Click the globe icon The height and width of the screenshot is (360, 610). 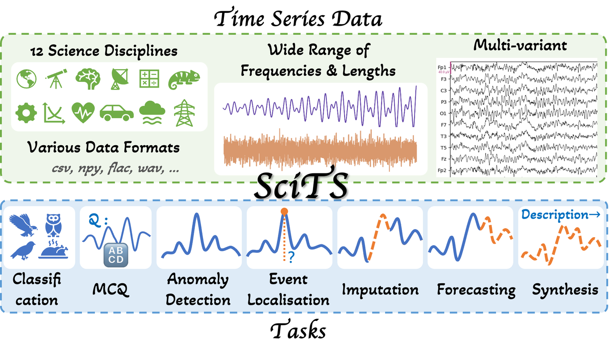coord(26,79)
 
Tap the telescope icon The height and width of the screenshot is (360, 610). coord(56,79)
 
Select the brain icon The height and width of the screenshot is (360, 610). coord(88,79)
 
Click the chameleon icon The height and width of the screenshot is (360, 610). coord(184,80)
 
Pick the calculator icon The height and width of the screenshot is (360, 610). coord(149,79)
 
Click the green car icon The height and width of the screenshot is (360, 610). coord(117,113)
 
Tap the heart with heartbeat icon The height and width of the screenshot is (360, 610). coord(83,112)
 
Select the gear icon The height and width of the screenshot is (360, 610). coord(26,113)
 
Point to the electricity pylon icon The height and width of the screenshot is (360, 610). coord(184,113)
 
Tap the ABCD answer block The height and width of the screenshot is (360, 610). coord(116,255)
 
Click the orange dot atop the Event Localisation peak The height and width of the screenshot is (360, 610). coord(284,211)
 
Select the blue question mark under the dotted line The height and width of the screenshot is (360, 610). coord(291,257)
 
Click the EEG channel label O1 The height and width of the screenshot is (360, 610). coord(443,113)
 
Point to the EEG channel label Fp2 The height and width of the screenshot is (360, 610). coord(442,170)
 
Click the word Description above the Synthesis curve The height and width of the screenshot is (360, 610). coord(555,215)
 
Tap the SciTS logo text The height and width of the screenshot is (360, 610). coord(301,185)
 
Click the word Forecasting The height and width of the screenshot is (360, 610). coord(476,290)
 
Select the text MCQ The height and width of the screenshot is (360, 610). coord(110,290)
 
